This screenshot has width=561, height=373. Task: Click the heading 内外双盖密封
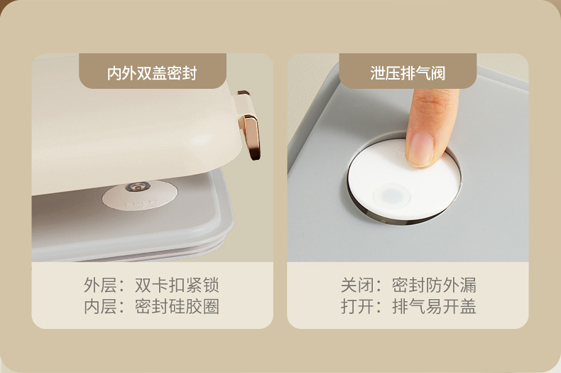[152, 73]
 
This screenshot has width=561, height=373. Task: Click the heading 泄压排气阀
[408, 73]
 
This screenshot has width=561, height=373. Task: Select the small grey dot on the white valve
[392, 196]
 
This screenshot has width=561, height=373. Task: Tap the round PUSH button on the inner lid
[140, 195]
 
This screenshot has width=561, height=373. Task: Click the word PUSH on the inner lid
[141, 203]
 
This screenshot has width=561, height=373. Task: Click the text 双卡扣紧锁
[177, 285]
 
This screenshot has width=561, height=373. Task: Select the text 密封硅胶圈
[177, 306]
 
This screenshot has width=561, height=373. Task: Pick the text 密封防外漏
[434, 285]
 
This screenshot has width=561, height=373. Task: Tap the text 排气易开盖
[434, 306]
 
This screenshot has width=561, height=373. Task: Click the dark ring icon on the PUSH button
[138, 186]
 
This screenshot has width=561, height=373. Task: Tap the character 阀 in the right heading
[438, 73]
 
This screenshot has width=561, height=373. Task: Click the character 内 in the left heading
[114, 73]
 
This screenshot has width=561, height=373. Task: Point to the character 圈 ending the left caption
[211, 306]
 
